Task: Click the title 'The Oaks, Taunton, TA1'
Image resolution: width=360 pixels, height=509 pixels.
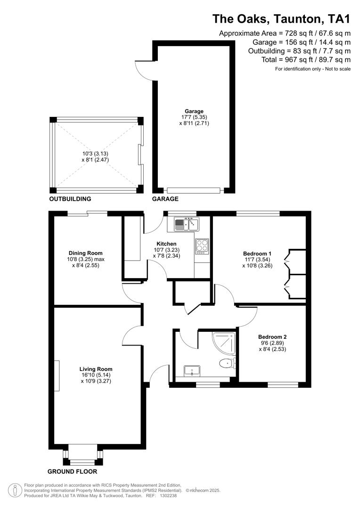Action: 281,18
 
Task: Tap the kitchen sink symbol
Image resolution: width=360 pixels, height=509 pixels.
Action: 187,223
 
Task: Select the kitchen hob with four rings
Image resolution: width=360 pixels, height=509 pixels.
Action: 202,246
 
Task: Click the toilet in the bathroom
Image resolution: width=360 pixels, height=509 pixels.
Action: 227,363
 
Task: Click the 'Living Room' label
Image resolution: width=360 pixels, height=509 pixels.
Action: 96,369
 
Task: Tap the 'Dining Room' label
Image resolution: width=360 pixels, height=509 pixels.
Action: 85,253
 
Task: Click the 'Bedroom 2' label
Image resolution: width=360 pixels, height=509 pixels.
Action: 272,337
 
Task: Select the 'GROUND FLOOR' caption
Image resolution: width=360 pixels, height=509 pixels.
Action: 72,471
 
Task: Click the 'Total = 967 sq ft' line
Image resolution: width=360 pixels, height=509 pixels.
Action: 306,59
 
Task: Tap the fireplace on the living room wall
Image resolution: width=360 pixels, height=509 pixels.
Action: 57,376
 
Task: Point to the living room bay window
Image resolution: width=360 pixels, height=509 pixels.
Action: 82,455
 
